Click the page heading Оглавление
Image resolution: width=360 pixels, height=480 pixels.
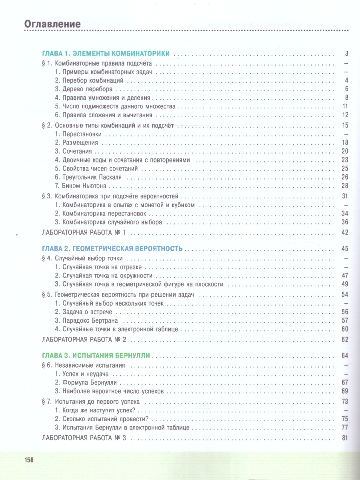pyautogui.click(x=52, y=24)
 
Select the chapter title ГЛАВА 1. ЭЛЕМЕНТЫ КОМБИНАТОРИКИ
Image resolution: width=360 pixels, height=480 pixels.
pyautogui.click(x=106, y=54)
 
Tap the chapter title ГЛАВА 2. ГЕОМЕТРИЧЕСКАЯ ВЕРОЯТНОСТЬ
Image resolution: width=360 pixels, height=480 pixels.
pyautogui.click(x=112, y=248)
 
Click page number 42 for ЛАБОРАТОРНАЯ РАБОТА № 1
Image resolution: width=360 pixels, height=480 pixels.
pyautogui.click(x=345, y=232)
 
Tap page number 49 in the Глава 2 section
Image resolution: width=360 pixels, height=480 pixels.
pyautogui.click(x=345, y=284)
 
